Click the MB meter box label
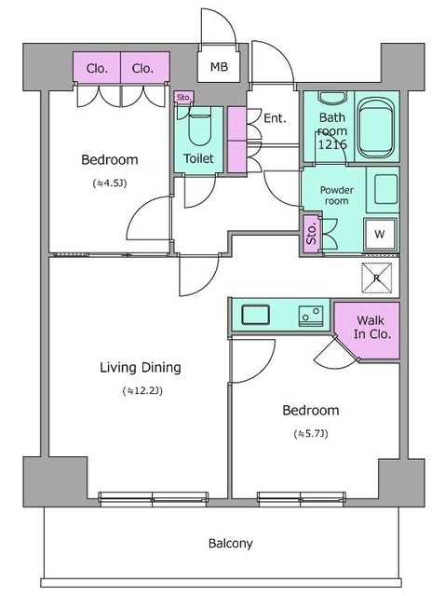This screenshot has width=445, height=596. (x=220, y=67)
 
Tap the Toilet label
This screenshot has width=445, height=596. (x=198, y=158)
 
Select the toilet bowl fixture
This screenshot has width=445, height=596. (x=200, y=129)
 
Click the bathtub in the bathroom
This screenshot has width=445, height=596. (x=376, y=129)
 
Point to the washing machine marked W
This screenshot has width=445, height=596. (x=380, y=234)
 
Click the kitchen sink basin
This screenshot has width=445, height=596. (x=256, y=315)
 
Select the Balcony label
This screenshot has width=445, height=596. (x=230, y=543)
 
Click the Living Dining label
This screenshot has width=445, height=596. (x=141, y=368)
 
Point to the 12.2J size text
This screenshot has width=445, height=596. (x=142, y=391)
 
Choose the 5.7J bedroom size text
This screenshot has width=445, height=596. (x=310, y=434)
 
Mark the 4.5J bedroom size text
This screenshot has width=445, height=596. (x=110, y=183)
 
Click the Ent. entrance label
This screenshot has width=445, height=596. (x=275, y=118)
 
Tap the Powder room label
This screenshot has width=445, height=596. (x=337, y=195)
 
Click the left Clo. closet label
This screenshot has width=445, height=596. (x=97, y=68)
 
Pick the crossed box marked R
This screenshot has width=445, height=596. (x=376, y=278)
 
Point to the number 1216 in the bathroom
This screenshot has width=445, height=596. (x=332, y=144)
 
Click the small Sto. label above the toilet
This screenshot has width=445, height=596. (x=184, y=97)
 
